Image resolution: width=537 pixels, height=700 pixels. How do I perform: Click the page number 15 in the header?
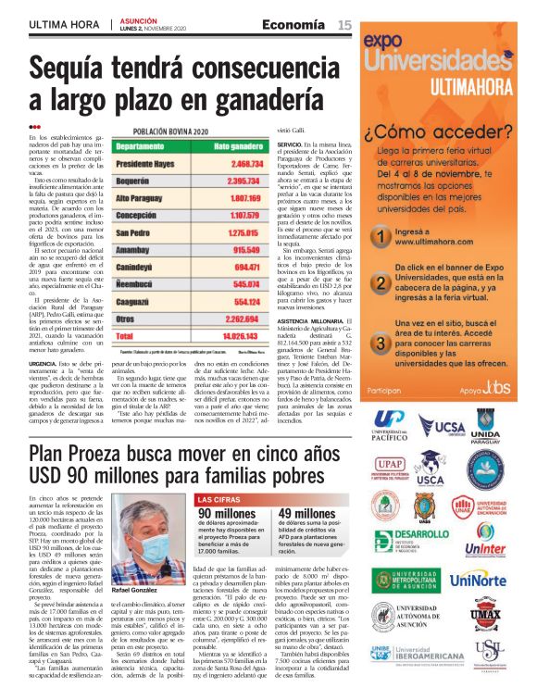(x=344, y=25)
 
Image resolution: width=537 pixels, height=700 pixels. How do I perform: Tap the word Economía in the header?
(x=293, y=25)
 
